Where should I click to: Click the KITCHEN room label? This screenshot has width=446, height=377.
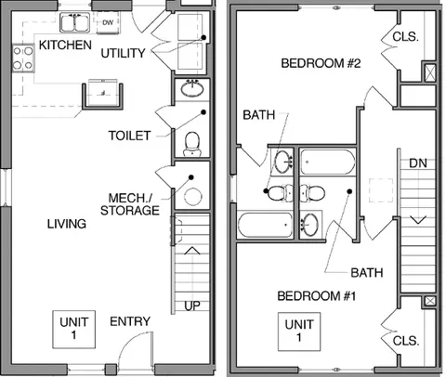point(65,45)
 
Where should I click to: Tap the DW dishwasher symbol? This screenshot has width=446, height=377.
point(108,22)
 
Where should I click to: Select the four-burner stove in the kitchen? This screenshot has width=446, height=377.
point(23,58)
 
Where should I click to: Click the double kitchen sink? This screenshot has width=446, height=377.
point(74,22)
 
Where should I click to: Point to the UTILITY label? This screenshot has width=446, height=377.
point(124,53)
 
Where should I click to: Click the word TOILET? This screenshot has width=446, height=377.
point(129,136)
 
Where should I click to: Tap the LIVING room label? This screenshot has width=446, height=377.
point(67,224)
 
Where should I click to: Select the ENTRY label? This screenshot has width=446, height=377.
point(130,321)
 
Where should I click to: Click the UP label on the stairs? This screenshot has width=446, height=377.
point(192,305)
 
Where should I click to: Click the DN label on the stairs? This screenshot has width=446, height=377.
point(418,163)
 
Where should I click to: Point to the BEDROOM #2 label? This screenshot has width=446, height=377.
point(321,63)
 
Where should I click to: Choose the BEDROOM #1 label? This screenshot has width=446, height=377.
point(317,296)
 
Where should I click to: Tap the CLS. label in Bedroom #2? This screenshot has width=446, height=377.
point(405,37)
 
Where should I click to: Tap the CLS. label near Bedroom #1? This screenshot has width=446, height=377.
point(406,341)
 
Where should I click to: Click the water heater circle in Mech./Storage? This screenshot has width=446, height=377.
point(193,197)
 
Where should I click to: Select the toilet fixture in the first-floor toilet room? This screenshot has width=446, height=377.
point(192,144)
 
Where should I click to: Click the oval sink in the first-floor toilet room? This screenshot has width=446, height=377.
point(192,88)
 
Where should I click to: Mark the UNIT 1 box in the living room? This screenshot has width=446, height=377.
point(73,330)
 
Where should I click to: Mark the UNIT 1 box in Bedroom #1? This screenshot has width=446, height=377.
point(299,331)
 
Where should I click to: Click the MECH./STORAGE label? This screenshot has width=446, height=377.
point(130,204)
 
